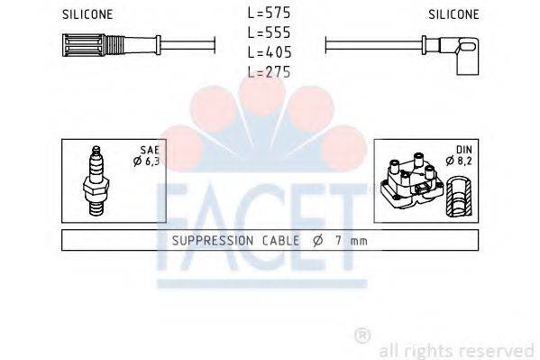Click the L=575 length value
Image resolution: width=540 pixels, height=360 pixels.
(269, 14)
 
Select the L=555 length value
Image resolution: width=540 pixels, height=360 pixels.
(269, 33)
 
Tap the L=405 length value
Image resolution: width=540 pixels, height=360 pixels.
(269, 53)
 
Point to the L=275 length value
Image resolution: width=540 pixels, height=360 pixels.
(269, 72)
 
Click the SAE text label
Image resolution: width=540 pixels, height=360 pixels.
(150, 149)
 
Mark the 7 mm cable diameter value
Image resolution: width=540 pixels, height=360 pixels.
(346, 241)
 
